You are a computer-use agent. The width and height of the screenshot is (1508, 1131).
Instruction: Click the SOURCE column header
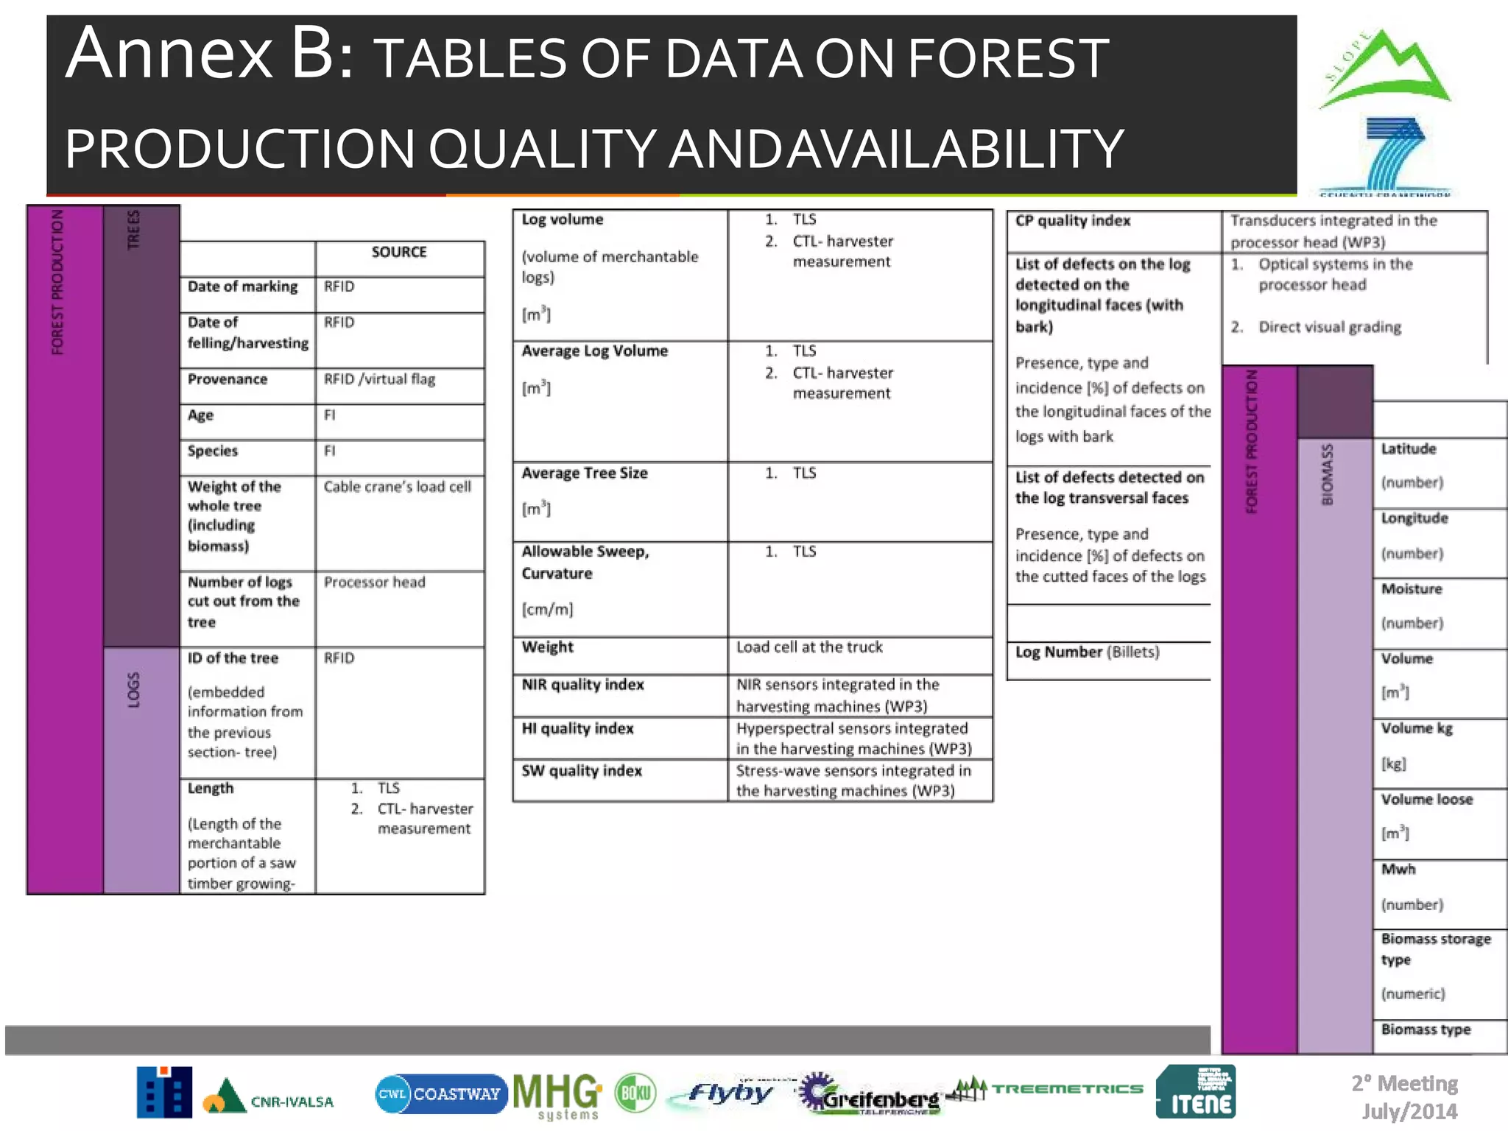tap(399, 253)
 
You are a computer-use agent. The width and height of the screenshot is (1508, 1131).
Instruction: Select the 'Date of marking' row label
tap(242, 286)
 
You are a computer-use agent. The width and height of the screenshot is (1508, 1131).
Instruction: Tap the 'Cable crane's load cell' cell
tap(397, 487)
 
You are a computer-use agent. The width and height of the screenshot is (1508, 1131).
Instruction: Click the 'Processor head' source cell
tap(374, 582)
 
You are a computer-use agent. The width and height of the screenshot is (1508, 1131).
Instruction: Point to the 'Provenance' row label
tap(228, 379)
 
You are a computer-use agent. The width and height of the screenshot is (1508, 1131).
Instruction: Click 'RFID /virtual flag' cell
tap(379, 379)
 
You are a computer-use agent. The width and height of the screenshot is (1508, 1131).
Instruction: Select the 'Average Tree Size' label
tap(585, 473)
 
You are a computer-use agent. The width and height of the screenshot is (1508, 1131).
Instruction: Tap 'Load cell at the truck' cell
tap(809, 647)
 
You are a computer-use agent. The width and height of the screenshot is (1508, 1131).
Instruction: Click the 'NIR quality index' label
tap(582, 685)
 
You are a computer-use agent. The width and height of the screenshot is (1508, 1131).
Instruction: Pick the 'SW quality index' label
tap(582, 771)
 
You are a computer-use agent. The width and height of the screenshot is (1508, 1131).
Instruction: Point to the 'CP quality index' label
tap(1072, 221)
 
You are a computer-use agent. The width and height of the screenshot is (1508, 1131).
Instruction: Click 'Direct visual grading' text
tap(1329, 327)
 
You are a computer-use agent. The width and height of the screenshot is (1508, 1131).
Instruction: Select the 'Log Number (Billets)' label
tap(1087, 652)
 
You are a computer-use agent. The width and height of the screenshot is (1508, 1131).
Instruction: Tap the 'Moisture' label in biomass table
tap(1411, 589)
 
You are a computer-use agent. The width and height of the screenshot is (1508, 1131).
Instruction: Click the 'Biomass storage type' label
tap(1435, 948)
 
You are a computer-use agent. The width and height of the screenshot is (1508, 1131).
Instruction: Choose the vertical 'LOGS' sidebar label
tap(133, 690)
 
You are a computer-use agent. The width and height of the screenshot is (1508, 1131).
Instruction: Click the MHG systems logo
tap(557, 1095)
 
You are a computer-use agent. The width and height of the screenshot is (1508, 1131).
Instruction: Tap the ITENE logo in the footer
tap(1196, 1093)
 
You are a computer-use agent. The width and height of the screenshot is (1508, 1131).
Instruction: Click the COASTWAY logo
tap(440, 1094)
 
